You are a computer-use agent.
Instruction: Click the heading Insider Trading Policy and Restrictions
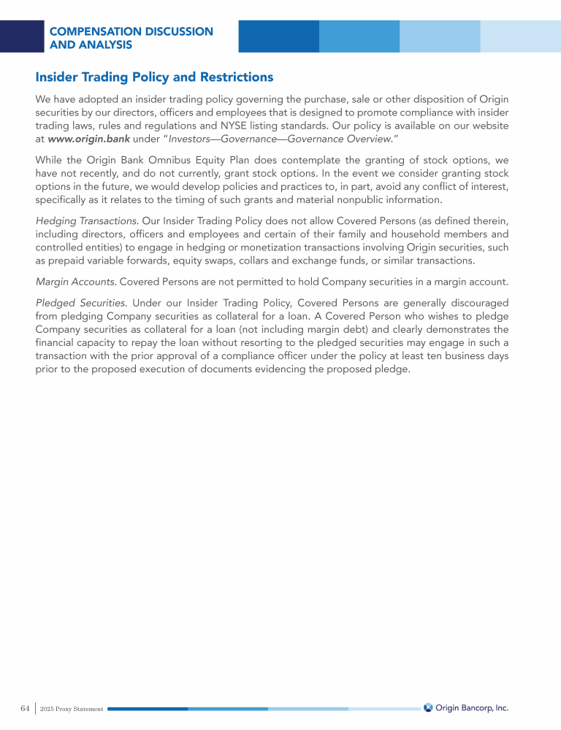click(x=154, y=77)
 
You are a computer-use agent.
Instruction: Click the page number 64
click(x=25, y=708)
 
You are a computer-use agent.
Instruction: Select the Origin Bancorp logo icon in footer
click(x=428, y=707)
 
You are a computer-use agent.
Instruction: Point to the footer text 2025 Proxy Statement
click(x=72, y=709)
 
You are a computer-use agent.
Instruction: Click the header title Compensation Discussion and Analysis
click(x=131, y=38)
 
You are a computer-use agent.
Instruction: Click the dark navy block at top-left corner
click(x=22, y=36)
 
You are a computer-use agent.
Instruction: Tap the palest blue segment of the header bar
click(x=520, y=36)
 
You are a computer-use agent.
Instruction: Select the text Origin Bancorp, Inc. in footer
click(x=472, y=707)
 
